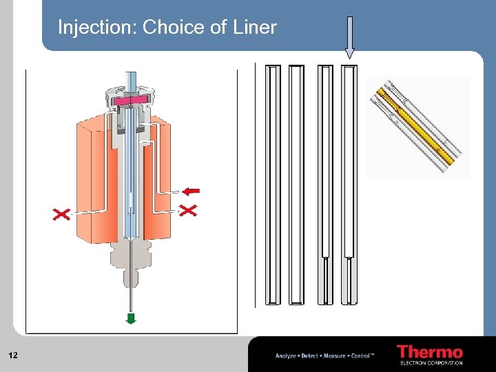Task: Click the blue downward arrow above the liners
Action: [349, 39]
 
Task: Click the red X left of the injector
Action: [61, 215]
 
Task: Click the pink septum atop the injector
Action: [131, 101]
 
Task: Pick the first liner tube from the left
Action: [273, 185]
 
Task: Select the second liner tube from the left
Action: [296, 185]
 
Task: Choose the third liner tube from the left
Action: [325, 185]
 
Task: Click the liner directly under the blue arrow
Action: [350, 185]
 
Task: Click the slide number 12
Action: [12, 355]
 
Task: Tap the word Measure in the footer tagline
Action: [334, 355]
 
